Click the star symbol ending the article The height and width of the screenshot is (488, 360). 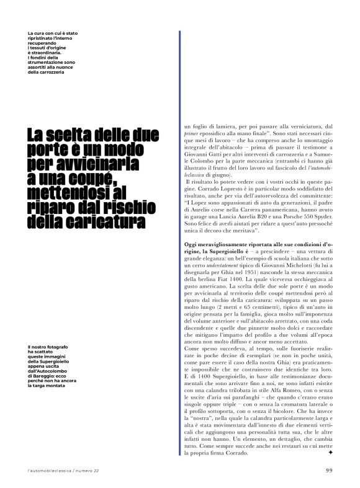coord(329,453)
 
